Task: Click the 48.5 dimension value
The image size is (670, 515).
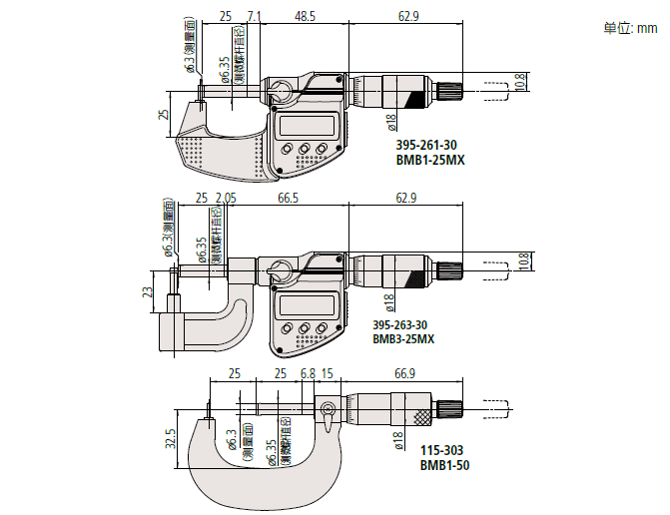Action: (306, 17)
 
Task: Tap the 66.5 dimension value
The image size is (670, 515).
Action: (290, 200)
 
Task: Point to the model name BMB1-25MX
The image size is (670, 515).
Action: (430, 159)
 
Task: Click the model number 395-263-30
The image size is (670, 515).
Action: (400, 325)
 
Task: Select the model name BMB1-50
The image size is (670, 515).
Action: (444, 465)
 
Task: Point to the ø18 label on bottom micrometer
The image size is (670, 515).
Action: (397, 439)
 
